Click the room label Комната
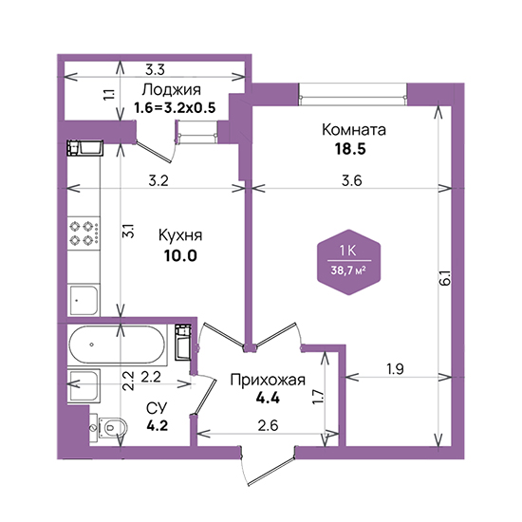[354, 130]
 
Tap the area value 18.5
[350, 149]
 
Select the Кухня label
[180, 235]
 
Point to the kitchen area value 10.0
[180, 255]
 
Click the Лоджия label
[172, 90]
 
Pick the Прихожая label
[268, 381]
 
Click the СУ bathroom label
[157, 407]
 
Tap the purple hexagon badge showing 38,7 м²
[349, 262]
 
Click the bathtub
[117, 345]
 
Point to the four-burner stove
[84, 233]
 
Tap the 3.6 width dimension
[352, 180]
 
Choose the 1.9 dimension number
[395, 369]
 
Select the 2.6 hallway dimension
[268, 425]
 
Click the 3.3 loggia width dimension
[155, 70]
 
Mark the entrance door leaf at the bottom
[271, 470]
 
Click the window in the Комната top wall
[353, 95]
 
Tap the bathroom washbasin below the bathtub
[84, 386]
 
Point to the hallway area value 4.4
[268, 398]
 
